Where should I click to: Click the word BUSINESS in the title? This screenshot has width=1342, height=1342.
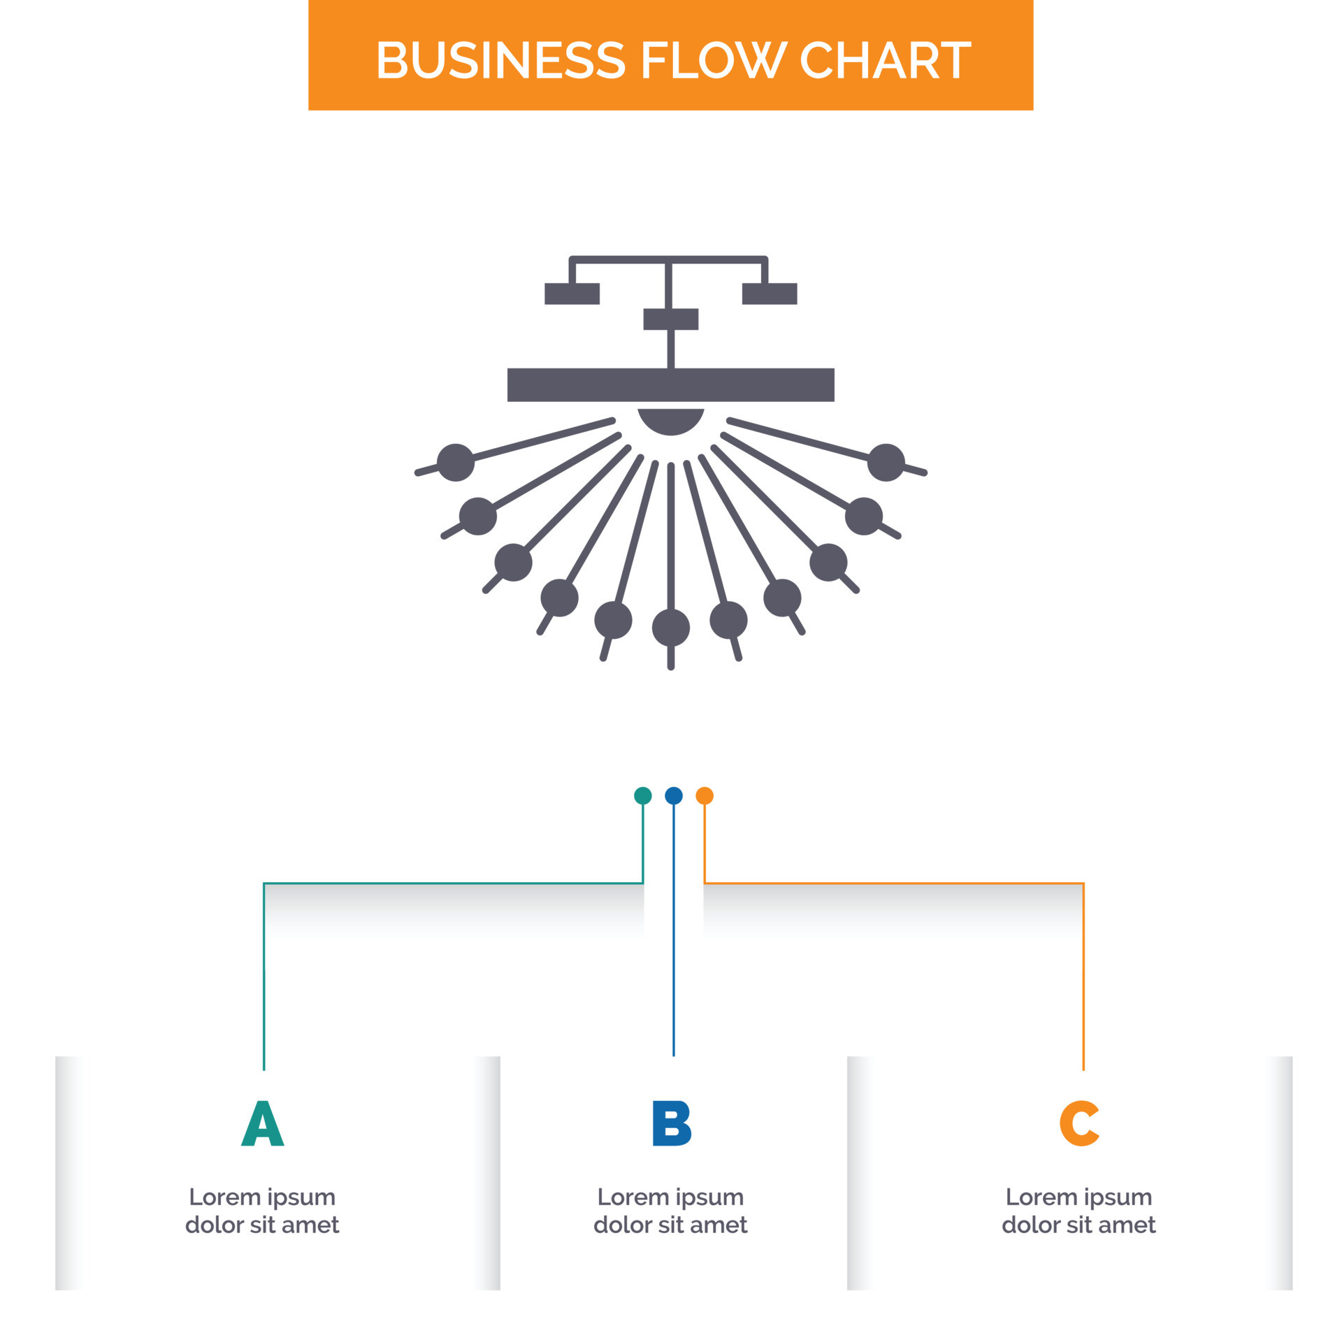pos(500,60)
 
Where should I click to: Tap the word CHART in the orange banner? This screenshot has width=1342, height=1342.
pos(884,60)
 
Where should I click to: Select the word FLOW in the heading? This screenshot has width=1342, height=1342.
pos(714,60)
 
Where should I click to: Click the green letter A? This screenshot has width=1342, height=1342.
pos(262,1124)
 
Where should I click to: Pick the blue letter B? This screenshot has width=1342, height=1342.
pos(671,1124)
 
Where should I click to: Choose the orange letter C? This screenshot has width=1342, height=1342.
pos(1079,1124)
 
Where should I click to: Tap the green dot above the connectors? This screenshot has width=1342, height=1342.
pos(642,795)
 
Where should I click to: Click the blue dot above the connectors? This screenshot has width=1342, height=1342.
pos(673,795)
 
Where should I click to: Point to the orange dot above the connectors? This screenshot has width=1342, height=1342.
pos(704,795)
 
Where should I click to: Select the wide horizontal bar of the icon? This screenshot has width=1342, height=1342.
pos(670,384)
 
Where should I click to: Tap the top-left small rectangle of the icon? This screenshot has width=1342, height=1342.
pos(572,294)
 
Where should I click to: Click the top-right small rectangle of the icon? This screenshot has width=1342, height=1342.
pos(769,294)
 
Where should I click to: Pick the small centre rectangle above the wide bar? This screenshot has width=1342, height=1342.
pos(670,319)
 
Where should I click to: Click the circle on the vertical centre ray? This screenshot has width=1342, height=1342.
pos(670,627)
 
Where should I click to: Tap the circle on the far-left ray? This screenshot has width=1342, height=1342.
pos(456,462)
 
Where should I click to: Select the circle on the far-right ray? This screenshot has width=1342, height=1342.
pos(886,462)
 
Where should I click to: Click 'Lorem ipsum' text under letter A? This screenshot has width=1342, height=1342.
pos(262,1197)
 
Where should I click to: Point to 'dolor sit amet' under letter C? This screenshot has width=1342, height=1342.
pos(1078,1225)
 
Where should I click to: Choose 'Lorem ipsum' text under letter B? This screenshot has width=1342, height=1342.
pos(670,1197)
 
